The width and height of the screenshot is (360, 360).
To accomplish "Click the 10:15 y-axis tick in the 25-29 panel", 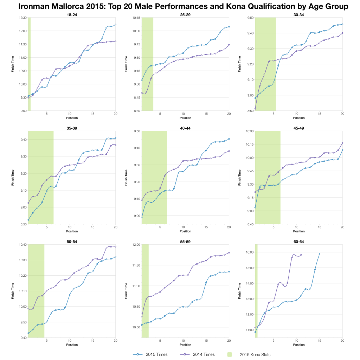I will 136,18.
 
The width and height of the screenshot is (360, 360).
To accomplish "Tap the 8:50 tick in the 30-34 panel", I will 250,111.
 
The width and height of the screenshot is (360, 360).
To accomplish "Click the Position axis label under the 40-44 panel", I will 185,231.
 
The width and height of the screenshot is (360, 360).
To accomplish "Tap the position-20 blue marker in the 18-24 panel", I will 115,25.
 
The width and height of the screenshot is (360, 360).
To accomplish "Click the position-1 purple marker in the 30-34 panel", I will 255,109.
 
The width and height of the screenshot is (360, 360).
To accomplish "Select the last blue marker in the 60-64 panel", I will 320,254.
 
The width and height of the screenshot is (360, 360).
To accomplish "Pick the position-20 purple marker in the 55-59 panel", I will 229,253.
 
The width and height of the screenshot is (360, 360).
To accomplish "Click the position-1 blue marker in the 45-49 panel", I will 255,207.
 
